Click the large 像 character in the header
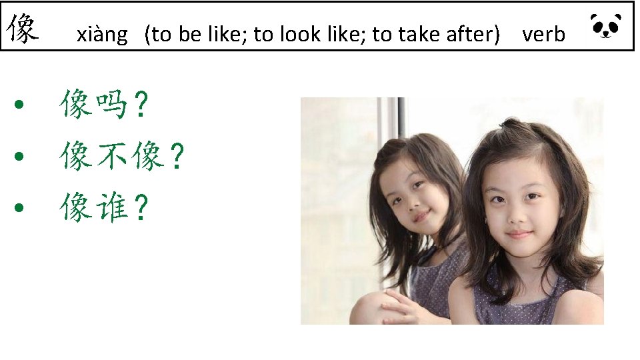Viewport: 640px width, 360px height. pyautogui.click(x=23, y=29)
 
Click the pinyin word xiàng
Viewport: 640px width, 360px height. pyautogui.click(x=101, y=34)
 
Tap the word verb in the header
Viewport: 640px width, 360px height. pyautogui.click(x=543, y=34)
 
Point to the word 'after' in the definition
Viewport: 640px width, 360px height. pyautogui.click(x=472, y=34)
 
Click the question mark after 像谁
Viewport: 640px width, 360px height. pyautogui.click(x=140, y=209)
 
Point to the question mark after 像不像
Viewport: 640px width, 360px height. pyautogui.click(x=176, y=157)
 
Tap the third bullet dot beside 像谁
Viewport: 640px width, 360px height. pyautogui.click(x=21, y=208)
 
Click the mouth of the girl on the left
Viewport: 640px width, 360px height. pyautogui.click(x=420, y=217)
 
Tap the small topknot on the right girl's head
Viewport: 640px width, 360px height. pyautogui.click(x=509, y=123)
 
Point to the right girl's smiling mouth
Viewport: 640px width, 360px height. pyautogui.click(x=519, y=234)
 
